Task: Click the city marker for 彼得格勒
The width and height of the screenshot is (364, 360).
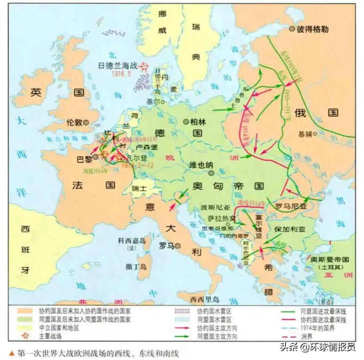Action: click(292, 28)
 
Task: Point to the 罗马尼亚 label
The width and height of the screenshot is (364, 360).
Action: click(291, 206)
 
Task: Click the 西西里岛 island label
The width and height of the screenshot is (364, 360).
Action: click(204, 299)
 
